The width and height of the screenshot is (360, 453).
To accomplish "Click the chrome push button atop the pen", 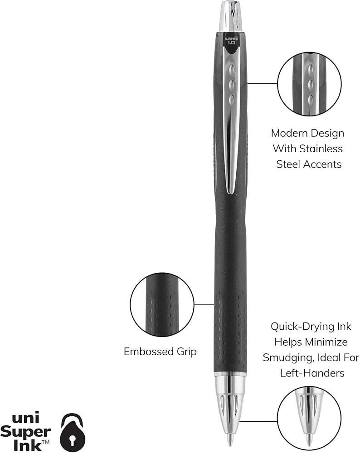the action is point(230,16).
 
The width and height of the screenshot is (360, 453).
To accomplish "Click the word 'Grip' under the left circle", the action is point(186,352).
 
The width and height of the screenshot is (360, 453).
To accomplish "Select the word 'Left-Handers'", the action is point(307,373).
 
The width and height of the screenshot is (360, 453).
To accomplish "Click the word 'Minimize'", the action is point(326,342).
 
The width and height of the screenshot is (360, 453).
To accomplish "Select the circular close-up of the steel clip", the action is point(309,83).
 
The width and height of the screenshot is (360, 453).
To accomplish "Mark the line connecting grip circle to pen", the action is point(204,304).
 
